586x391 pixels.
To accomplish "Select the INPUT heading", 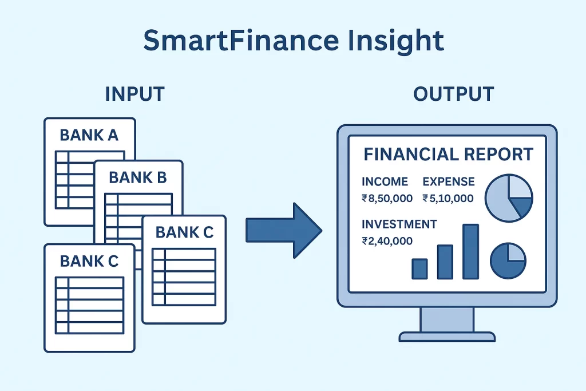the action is click(135, 94).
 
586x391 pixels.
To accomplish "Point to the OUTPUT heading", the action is click(454, 94).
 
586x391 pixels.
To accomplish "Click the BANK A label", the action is click(89, 135).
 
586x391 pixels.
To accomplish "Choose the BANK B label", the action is click(137, 177).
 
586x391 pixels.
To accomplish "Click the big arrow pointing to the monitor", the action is click(284, 231).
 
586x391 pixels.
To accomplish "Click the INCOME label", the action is click(385, 181).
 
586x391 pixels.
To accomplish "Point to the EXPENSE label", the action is click(449, 181).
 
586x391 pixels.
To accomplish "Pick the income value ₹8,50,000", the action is click(387, 198).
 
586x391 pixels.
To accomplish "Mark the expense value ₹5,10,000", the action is click(448, 198).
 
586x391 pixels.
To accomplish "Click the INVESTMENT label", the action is click(399, 224).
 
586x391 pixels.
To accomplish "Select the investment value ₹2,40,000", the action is click(387, 241).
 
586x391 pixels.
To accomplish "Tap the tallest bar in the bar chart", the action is click(470, 251).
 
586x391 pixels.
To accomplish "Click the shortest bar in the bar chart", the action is click(419, 268).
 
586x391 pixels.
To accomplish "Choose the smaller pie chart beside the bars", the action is click(508, 260).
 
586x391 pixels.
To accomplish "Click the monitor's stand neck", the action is click(447, 319).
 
